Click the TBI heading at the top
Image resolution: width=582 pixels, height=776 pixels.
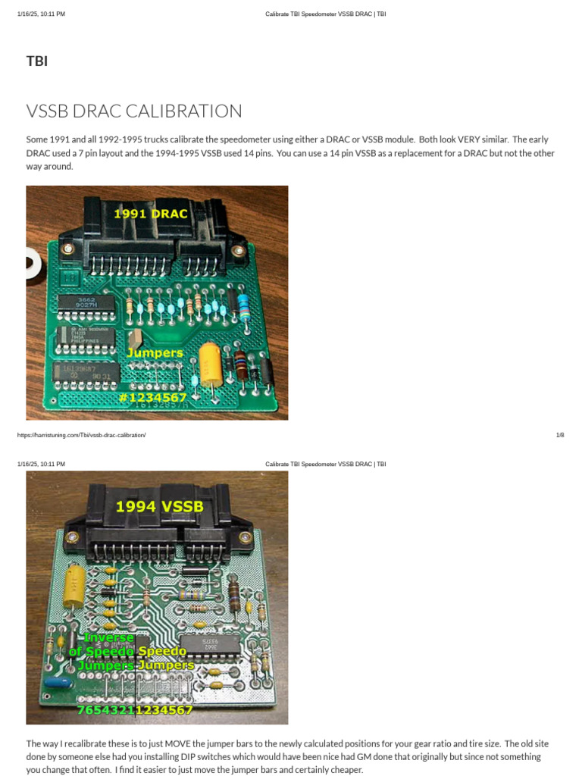pos(37,61)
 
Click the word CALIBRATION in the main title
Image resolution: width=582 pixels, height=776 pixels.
pos(183,111)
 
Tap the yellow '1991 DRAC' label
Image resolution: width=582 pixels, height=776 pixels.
pos(150,214)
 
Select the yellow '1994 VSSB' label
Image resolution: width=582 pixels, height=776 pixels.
pos(159,507)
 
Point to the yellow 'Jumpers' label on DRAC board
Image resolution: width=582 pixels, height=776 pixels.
pos(155,353)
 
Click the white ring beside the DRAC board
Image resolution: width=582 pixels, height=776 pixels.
pos(32,266)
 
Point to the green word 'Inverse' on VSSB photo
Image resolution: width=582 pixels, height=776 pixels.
pos(108,638)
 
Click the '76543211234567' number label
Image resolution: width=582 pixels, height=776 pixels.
pos(135,710)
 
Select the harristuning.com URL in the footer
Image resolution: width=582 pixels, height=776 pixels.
pos(80,435)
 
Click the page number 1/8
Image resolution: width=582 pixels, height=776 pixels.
pos(560,435)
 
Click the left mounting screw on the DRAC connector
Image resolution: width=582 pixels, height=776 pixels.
pos(67,248)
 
